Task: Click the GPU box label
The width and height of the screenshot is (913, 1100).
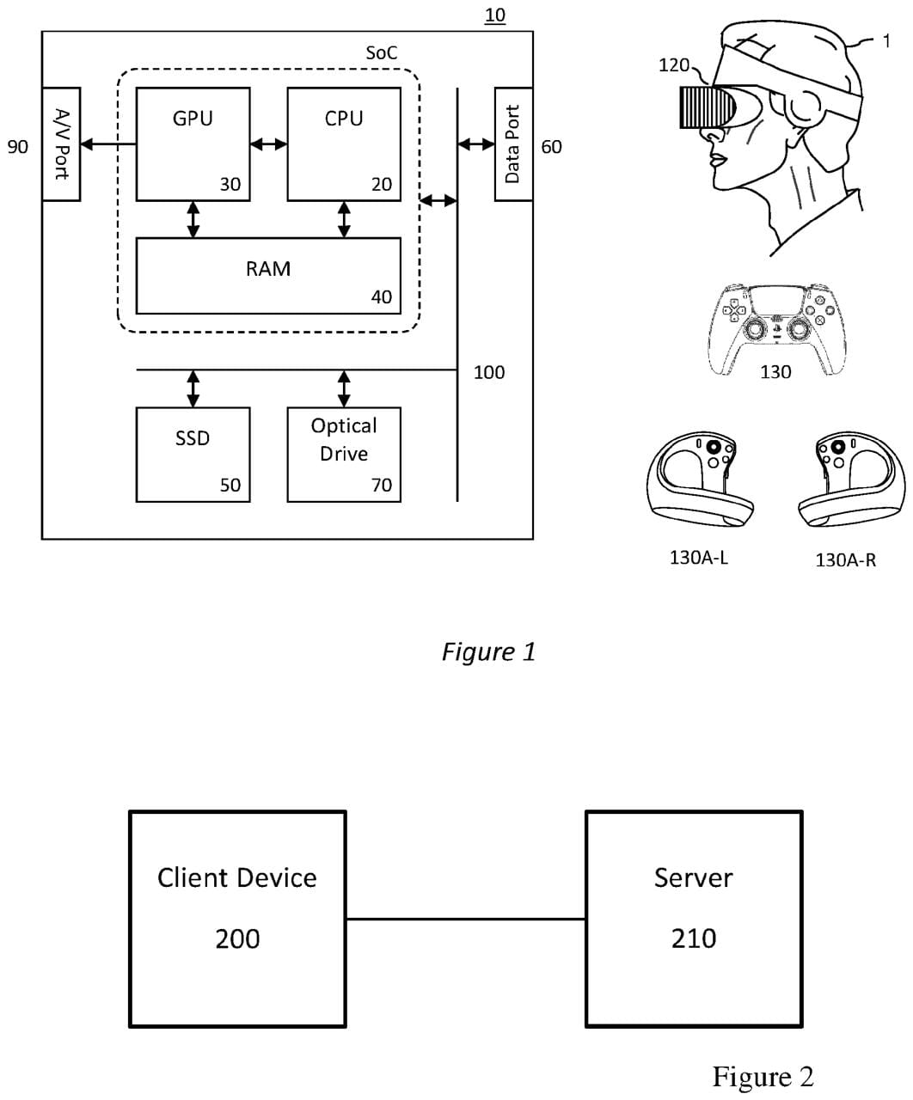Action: (193, 119)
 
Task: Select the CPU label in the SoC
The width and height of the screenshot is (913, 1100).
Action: (344, 119)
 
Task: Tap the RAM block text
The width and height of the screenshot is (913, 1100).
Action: (268, 269)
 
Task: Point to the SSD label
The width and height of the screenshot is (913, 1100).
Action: (193, 438)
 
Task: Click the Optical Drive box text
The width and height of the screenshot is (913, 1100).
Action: (344, 439)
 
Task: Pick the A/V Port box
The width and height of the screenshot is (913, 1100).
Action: (61, 144)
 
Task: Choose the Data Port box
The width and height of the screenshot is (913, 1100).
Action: (513, 144)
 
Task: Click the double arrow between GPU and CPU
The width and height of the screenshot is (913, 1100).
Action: (268, 144)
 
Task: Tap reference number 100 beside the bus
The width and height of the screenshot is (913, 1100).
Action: (489, 372)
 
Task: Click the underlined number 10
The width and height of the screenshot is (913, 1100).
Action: (495, 15)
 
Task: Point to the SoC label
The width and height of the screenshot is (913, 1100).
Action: (382, 52)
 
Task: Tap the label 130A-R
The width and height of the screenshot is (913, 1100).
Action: (846, 560)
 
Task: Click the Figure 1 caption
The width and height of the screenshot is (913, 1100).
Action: (488, 651)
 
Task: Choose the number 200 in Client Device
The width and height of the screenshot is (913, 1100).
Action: (237, 938)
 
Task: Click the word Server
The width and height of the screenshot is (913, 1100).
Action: (693, 877)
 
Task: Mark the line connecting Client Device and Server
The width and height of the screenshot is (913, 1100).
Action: (465, 919)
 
